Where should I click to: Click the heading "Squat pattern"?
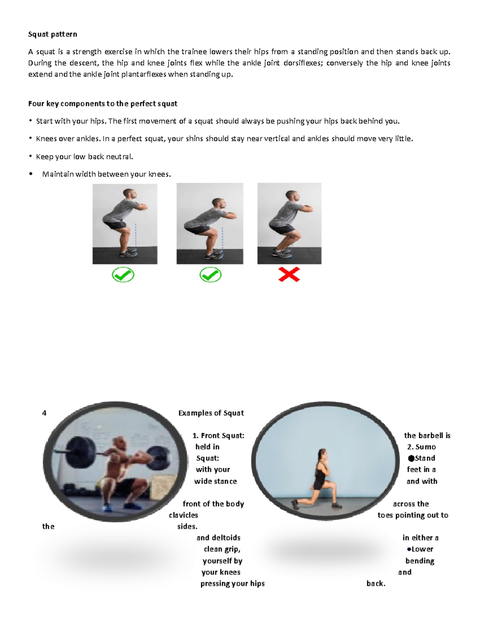tap(52, 34)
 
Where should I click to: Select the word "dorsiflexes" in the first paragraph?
tap(302, 63)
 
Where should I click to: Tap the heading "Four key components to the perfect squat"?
tap(102, 104)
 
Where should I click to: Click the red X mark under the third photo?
tap(289, 275)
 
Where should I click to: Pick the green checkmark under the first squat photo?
tap(123, 275)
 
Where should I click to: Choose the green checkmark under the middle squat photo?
tap(210, 275)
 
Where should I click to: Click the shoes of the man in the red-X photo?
tap(282, 253)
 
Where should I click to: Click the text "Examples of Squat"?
tap(211, 413)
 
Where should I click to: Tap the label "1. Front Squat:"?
tap(218, 436)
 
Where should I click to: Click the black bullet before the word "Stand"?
tap(411, 459)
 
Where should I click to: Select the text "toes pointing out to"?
tap(413, 515)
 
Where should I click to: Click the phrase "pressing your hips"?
tap(232, 584)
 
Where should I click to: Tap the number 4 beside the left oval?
tap(44, 413)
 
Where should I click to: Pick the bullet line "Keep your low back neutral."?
tap(84, 157)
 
